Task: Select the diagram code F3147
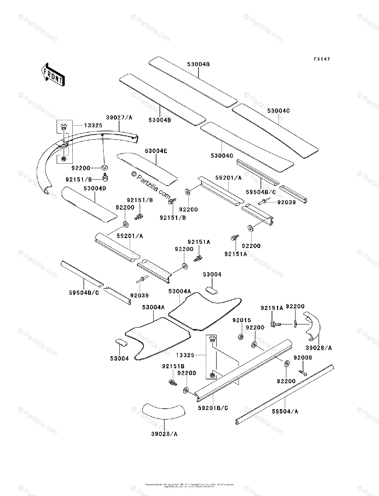(322, 60)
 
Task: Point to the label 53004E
(156, 151)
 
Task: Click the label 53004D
(95, 188)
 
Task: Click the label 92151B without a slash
(173, 366)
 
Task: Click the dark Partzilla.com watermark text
(151, 186)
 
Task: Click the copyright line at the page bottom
(189, 484)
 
